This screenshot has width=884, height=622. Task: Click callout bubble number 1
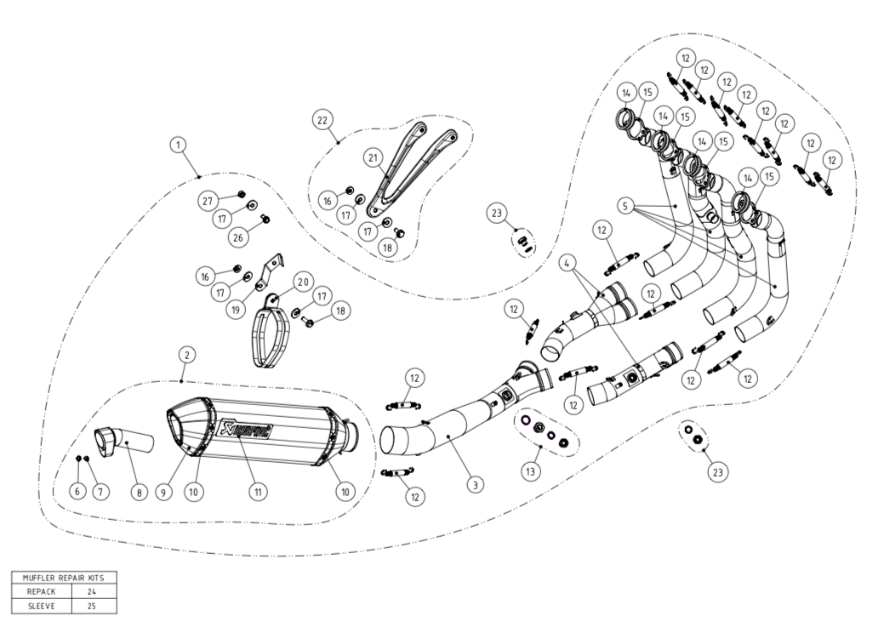[x=178, y=146]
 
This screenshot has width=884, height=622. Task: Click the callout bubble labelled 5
[x=626, y=205]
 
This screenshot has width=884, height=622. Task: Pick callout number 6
[x=77, y=491]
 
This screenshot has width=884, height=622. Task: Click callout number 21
[x=373, y=157]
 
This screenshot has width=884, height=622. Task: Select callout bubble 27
[x=208, y=201]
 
